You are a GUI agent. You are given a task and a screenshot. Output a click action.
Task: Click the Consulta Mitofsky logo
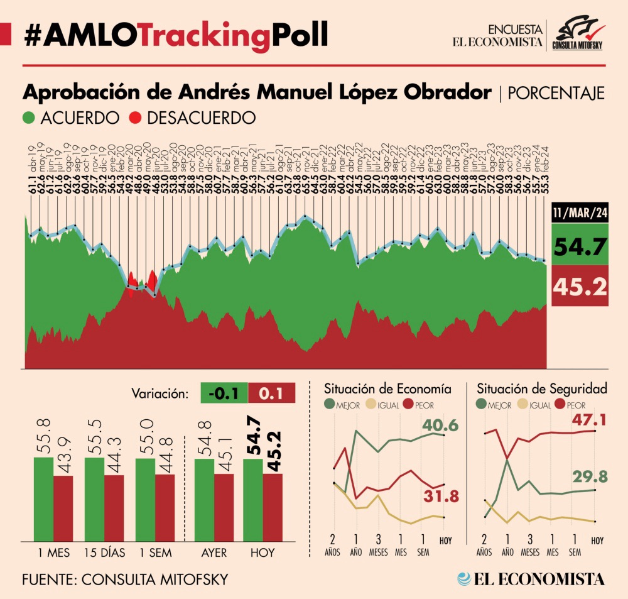[x=577, y=35]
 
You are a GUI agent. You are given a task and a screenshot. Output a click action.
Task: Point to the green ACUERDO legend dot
[x=29, y=118]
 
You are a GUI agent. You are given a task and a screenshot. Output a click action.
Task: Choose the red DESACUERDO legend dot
[x=134, y=118]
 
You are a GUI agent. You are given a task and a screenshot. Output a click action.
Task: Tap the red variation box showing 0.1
[x=272, y=394]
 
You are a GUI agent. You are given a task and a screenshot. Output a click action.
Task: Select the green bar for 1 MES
[x=43, y=498]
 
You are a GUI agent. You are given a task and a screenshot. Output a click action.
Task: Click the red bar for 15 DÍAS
[x=114, y=507]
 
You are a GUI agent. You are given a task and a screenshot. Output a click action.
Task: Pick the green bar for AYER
[x=203, y=499]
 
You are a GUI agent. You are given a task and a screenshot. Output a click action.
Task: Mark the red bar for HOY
[x=273, y=506]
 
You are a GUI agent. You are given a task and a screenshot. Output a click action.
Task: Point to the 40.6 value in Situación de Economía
[x=440, y=426]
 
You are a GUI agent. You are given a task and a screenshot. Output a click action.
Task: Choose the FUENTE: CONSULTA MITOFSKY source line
[x=124, y=579]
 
